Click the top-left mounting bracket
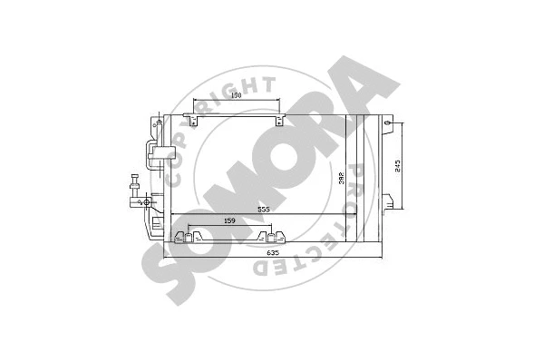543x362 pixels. [189, 117]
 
